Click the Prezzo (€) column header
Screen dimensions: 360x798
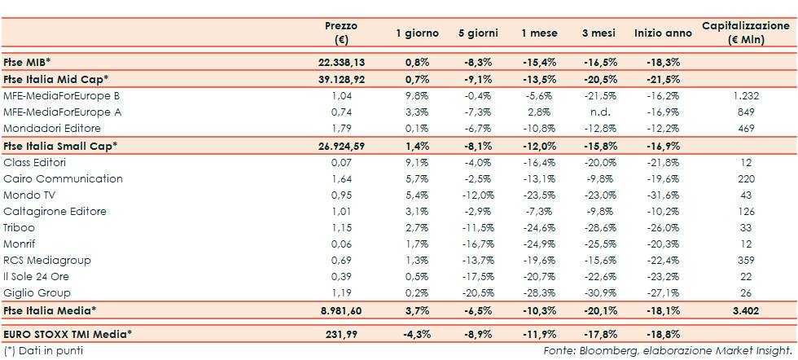pos(340,33)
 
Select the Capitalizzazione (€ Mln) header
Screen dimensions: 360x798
pos(746,33)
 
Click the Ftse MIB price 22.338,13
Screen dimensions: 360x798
pos(340,62)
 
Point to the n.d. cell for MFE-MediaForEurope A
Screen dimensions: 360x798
pos(602,112)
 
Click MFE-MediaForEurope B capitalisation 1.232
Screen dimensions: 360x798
pos(746,95)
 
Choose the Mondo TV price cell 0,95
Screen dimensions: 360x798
pos(340,195)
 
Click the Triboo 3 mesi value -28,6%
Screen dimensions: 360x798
pos(602,227)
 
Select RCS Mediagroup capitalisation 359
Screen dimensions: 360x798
pos(746,260)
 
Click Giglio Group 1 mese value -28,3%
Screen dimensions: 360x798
pos(539,292)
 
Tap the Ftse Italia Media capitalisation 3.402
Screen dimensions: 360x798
pos(746,310)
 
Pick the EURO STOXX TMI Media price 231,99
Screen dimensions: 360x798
pos(340,334)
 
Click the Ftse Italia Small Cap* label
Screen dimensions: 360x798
pos(60,145)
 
